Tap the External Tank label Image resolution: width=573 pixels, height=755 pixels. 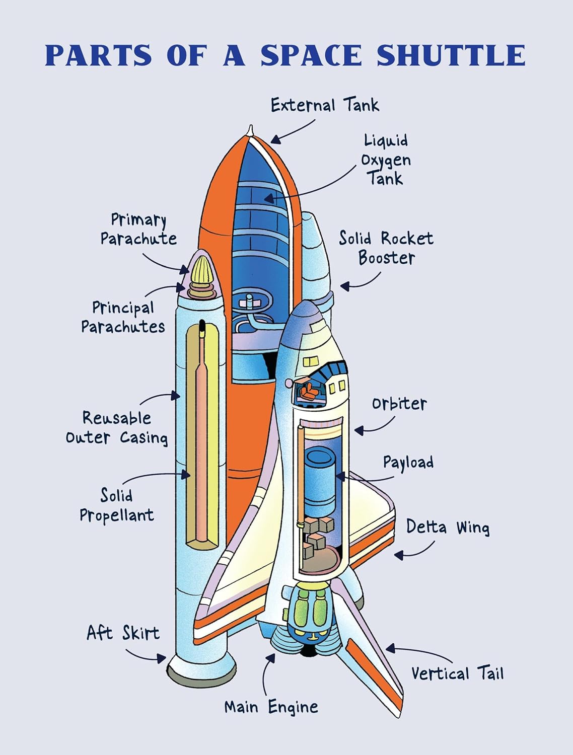pyautogui.click(x=325, y=105)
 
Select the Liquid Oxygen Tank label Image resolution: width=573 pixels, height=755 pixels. pyautogui.click(x=386, y=160)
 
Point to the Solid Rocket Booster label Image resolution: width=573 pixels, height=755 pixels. pyautogui.click(x=386, y=247)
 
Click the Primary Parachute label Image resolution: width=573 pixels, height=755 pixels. pyautogui.click(x=138, y=229)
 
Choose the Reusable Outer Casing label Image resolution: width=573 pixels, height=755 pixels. pyautogui.click(x=117, y=427)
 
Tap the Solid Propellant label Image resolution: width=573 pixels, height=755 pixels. pyautogui.click(x=116, y=505)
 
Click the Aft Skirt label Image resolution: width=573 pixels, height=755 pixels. pyautogui.click(x=123, y=632)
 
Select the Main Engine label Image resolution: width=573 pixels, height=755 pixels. pyautogui.click(x=271, y=706)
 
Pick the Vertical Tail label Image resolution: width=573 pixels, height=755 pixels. pyautogui.click(x=457, y=673)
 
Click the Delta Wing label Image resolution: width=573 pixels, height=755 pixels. pyautogui.click(x=448, y=527)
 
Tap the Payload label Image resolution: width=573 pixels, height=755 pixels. pyautogui.click(x=408, y=462)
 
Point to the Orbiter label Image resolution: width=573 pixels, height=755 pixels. pyautogui.click(x=399, y=403)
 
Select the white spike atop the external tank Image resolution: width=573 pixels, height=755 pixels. pyautogui.click(x=250, y=130)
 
